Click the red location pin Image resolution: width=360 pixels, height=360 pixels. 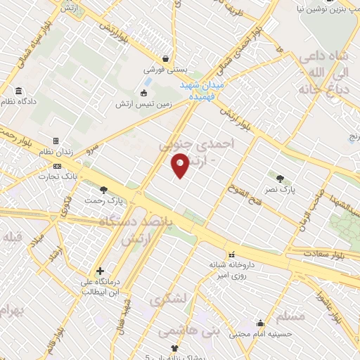click(x=181, y=166)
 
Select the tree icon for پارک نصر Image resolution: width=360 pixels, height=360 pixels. click(x=281, y=178)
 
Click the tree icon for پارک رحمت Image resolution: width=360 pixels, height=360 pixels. click(x=104, y=189)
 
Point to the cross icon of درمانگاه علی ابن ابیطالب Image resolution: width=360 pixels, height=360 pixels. click(x=101, y=271)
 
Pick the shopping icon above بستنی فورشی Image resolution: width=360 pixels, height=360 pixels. click(x=165, y=59)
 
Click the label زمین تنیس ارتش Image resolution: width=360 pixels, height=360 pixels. click(x=145, y=104)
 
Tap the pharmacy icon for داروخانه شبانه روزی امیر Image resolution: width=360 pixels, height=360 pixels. click(x=231, y=253)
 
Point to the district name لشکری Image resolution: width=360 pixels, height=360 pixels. click(x=168, y=300)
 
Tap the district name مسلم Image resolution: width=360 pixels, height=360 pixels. click(x=291, y=317)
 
